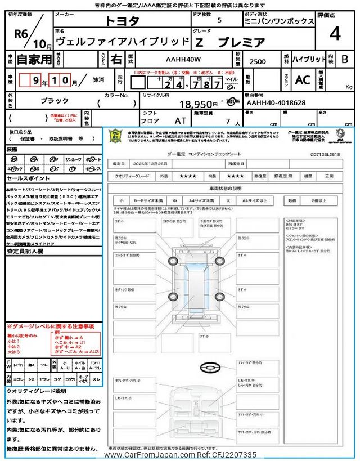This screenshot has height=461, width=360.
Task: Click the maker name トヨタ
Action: [124, 21]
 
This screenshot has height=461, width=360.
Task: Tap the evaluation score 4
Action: [335, 34]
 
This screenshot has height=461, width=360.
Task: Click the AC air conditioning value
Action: [303, 80]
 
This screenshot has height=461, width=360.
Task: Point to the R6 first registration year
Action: [21, 33]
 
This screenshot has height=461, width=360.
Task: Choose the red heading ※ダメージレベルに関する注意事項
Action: [50, 326]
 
